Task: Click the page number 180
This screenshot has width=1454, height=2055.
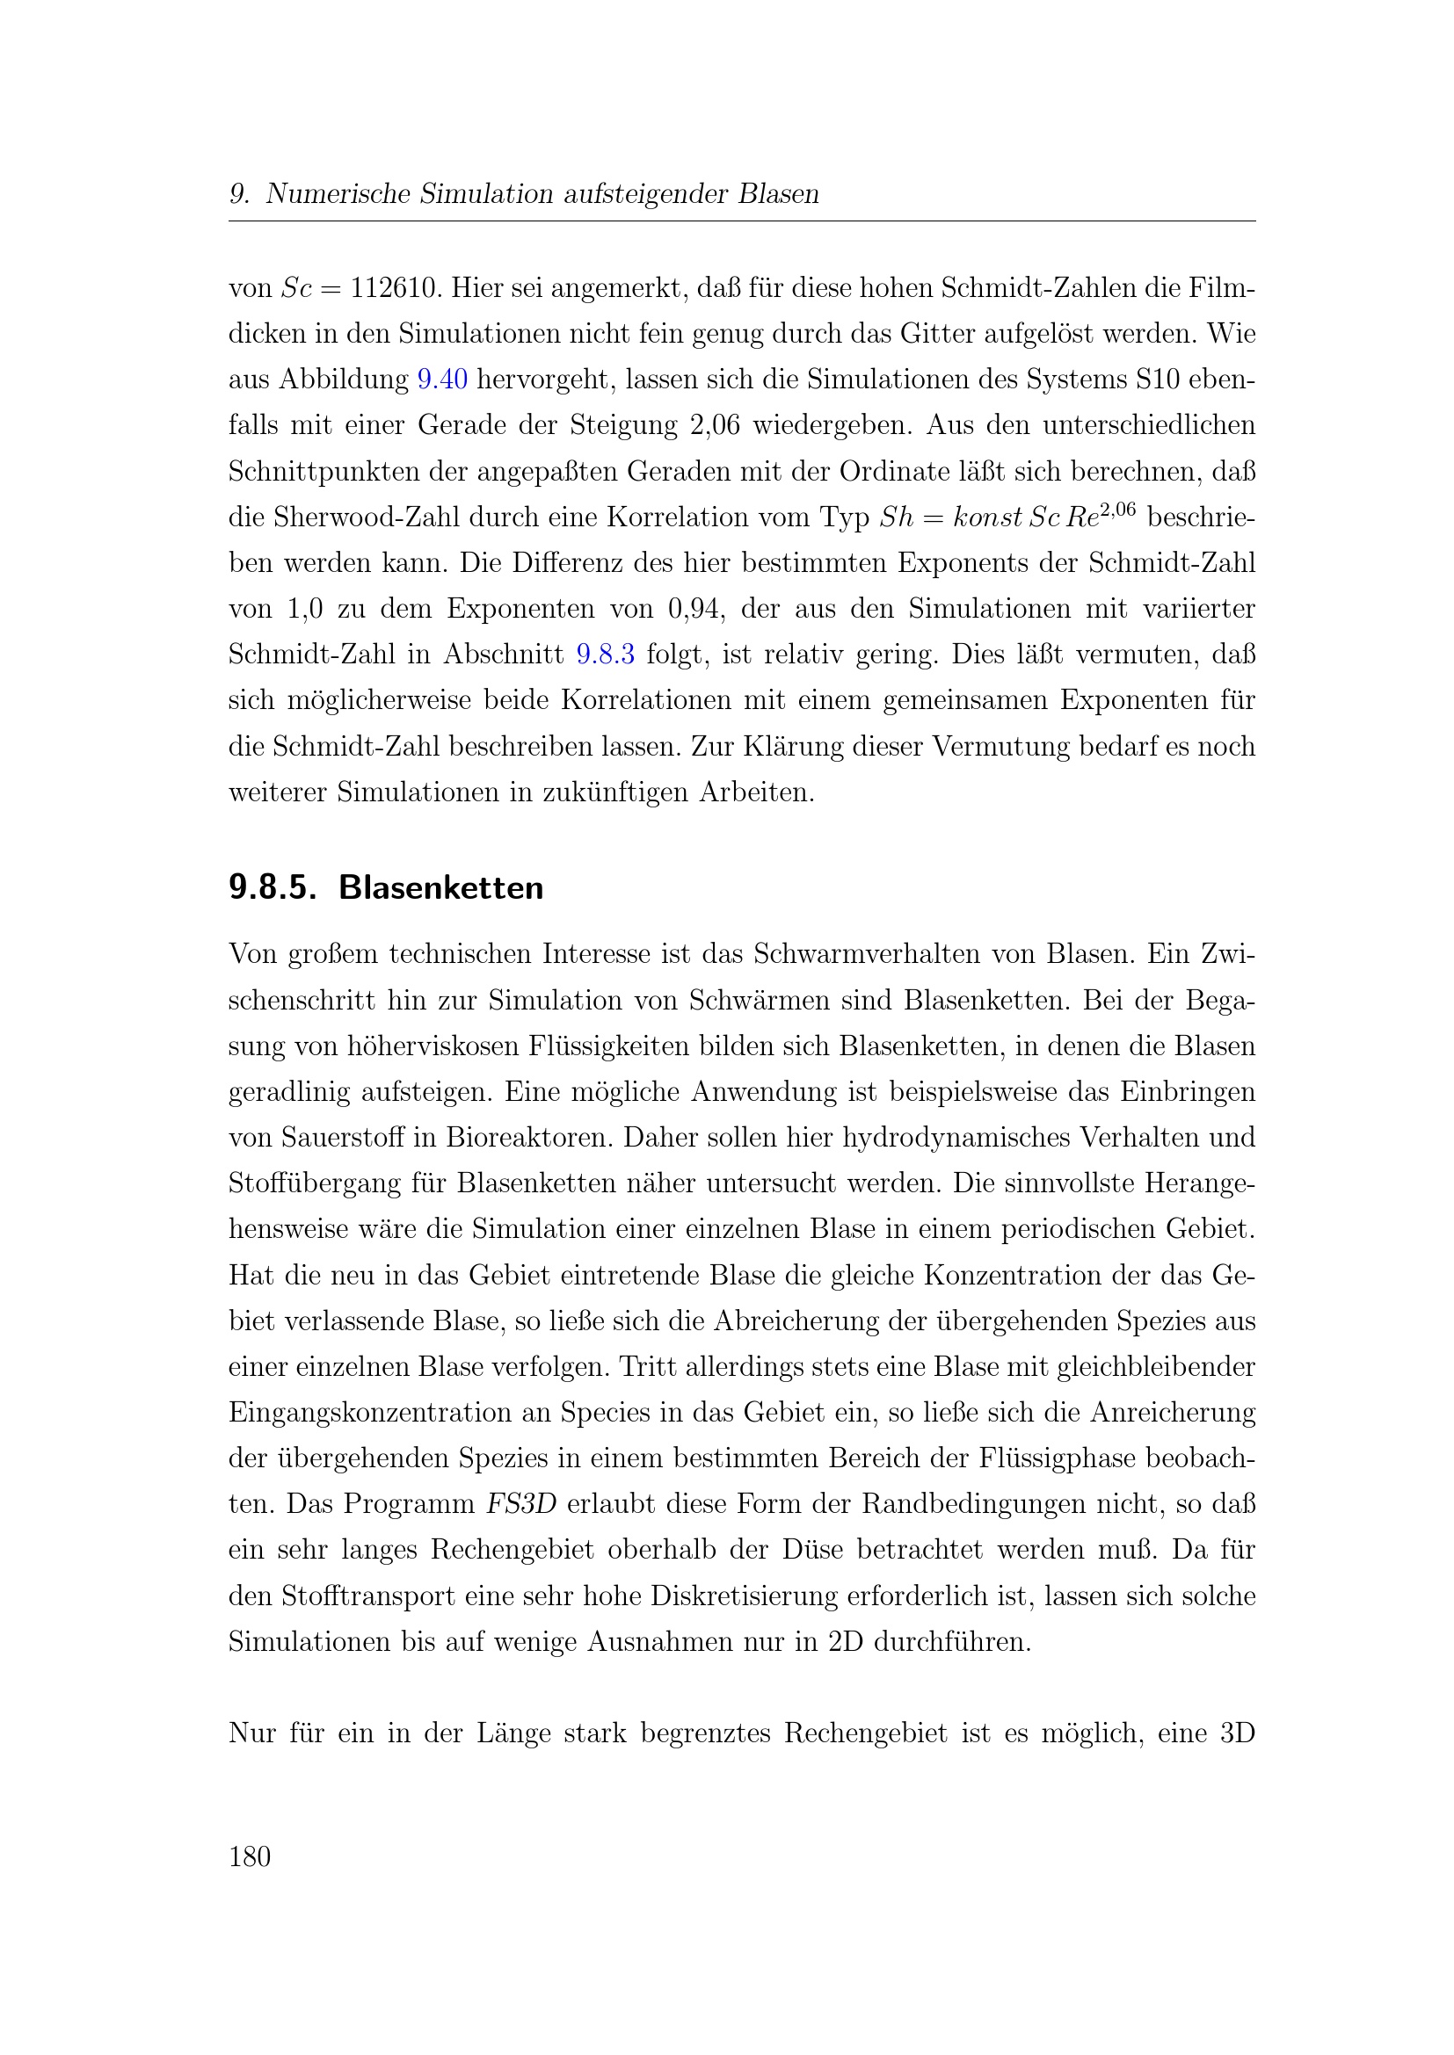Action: (x=250, y=1857)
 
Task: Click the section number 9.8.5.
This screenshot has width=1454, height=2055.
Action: (x=273, y=888)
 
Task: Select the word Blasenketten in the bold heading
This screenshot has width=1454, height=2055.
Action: (x=440, y=888)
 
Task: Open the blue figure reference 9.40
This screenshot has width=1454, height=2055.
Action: (x=442, y=380)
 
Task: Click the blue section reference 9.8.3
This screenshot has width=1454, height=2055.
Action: (x=605, y=655)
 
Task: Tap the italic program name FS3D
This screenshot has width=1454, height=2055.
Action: (x=521, y=1503)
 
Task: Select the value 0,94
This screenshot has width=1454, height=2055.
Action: (x=692, y=609)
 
